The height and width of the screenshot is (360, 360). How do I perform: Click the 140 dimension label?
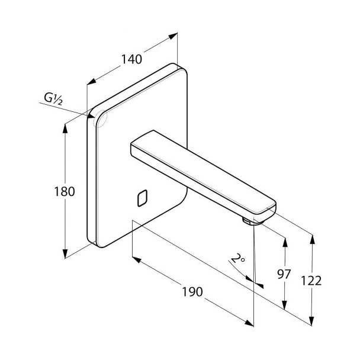(131, 59)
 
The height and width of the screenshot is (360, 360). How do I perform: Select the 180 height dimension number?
(65, 191)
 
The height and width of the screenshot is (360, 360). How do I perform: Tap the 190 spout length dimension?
(192, 291)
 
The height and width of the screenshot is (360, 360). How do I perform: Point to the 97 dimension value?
(284, 274)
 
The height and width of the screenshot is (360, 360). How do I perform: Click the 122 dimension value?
(311, 281)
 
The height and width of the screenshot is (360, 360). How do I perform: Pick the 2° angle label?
(238, 259)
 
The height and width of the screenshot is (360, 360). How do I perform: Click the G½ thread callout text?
(53, 99)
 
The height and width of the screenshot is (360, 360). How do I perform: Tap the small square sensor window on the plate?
(142, 198)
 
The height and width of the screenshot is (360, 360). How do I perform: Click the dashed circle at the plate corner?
(100, 119)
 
